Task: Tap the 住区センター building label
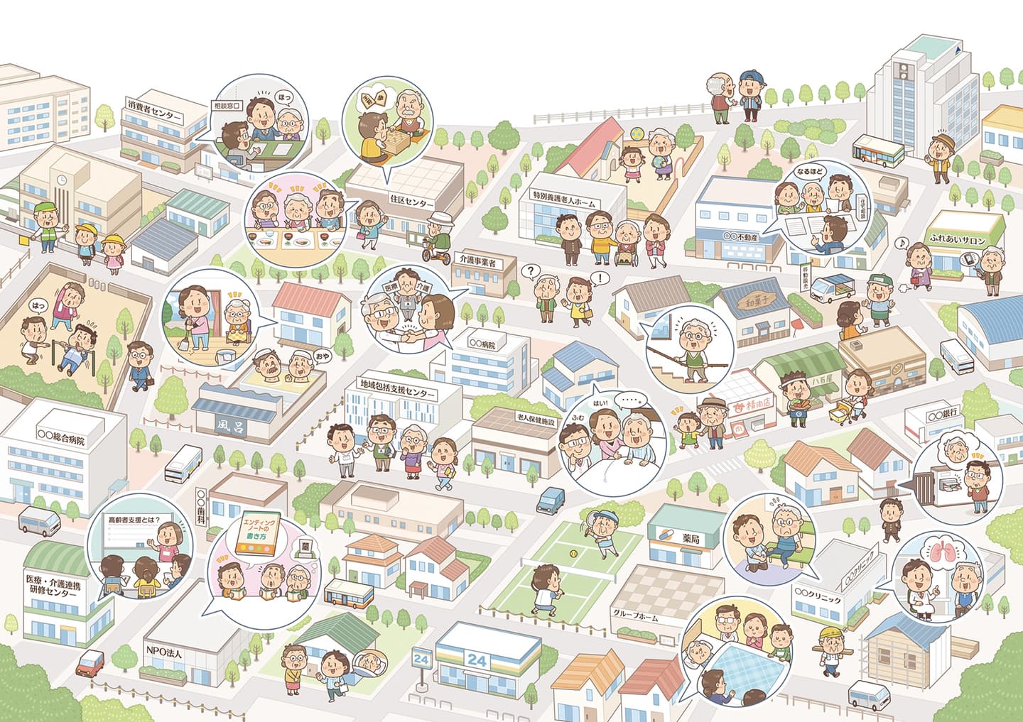pyautogui.click(x=411, y=202)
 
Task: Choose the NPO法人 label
pyautogui.click(x=166, y=650)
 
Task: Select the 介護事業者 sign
pyautogui.click(x=478, y=263)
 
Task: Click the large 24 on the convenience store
pyautogui.click(x=477, y=660)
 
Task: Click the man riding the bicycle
pyautogui.click(x=441, y=236)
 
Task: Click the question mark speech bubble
pyautogui.click(x=528, y=270)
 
